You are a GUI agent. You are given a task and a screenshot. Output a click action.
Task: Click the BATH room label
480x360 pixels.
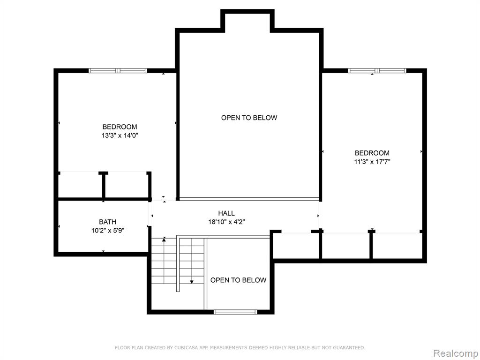(107, 222)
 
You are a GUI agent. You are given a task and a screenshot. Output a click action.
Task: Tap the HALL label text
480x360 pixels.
(226, 213)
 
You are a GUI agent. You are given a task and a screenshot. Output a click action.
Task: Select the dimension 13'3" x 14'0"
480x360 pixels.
(120, 135)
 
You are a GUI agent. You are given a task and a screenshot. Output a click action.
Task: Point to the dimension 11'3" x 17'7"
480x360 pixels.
(372, 162)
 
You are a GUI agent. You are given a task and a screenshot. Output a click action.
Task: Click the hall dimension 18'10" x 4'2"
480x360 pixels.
(226, 222)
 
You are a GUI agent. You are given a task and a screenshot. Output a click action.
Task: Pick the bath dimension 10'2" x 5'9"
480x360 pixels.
(108, 230)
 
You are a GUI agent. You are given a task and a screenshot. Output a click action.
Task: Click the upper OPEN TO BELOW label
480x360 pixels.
(249, 118)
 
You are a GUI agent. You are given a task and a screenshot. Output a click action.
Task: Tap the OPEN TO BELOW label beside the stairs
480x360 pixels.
(238, 280)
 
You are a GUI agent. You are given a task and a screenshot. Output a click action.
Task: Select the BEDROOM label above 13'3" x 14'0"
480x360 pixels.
(120, 127)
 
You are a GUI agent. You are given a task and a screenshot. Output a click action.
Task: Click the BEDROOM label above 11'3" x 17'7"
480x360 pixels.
(372, 153)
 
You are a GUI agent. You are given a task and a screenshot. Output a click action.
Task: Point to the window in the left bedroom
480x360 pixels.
(118, 71)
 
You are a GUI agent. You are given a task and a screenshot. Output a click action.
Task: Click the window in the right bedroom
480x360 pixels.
(377, 71)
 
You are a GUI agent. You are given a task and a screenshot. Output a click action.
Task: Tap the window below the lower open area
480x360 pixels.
(235, 312)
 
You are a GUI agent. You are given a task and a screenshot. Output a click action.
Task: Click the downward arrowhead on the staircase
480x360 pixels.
(192, 282)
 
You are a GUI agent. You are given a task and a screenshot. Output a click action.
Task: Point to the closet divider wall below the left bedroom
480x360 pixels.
(104, 186)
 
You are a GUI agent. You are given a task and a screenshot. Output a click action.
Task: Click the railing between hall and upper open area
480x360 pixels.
(249, 199)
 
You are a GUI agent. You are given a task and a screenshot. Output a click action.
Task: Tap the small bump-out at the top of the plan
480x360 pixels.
(247, 21)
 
